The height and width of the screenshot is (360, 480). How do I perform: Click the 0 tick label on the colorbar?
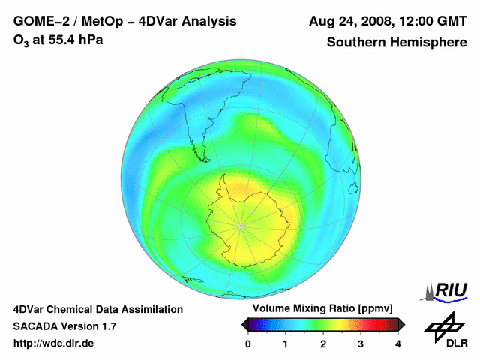pos(248,343)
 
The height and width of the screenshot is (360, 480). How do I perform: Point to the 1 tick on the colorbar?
pos(286,343)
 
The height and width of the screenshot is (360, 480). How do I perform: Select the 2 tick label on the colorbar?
pos(323,343)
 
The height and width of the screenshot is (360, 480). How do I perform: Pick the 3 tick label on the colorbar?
pos(361,343)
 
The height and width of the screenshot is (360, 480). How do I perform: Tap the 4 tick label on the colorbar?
pos(398,343)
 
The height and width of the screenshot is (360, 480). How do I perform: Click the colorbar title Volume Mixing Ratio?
pos(322,309)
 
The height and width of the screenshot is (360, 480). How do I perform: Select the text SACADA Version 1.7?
pos(65,326)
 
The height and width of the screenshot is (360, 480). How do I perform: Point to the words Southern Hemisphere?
pos(397,43)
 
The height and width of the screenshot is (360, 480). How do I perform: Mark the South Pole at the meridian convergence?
pos(240,226)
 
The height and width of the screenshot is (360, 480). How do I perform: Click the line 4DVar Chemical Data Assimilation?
pos(97,309)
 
